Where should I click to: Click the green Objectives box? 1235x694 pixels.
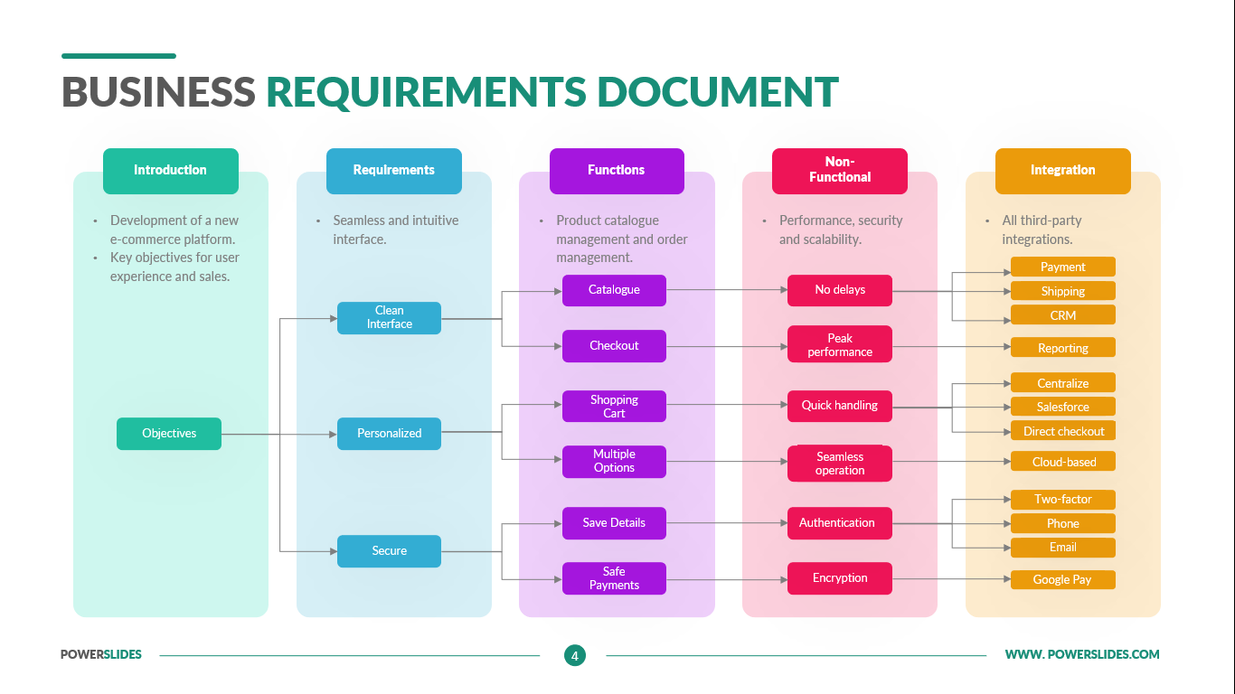pos(169,434)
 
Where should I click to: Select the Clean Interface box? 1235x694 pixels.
pos(389,317)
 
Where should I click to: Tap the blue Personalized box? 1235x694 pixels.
pos(389,434)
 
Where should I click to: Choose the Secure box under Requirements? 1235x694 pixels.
pos(389,551)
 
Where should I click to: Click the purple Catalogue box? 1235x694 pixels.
pos(614,290)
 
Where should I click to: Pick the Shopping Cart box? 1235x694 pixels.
pos(614,407)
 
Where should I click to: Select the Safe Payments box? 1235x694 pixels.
pos(614,578)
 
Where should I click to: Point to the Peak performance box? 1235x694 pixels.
pos(840,345)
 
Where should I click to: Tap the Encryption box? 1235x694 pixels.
pos(840,578)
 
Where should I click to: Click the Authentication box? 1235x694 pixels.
pos(837,523)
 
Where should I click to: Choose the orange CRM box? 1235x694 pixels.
pos(1062,315)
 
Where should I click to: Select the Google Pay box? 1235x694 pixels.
pos(1062,580)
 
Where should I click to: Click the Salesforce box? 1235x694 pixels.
pos(1062,408)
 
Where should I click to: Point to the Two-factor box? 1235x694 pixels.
pos(1062,500)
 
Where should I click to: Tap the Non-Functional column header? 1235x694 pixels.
pos(840,171)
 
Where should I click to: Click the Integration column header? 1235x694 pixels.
pos(1062,171)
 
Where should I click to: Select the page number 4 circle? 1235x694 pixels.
pos(574,655)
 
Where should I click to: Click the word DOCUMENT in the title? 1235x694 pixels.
pos(718,92)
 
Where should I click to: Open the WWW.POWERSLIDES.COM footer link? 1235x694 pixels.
pos(1082,654)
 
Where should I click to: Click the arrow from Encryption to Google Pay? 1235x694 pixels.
pos(949,578)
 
